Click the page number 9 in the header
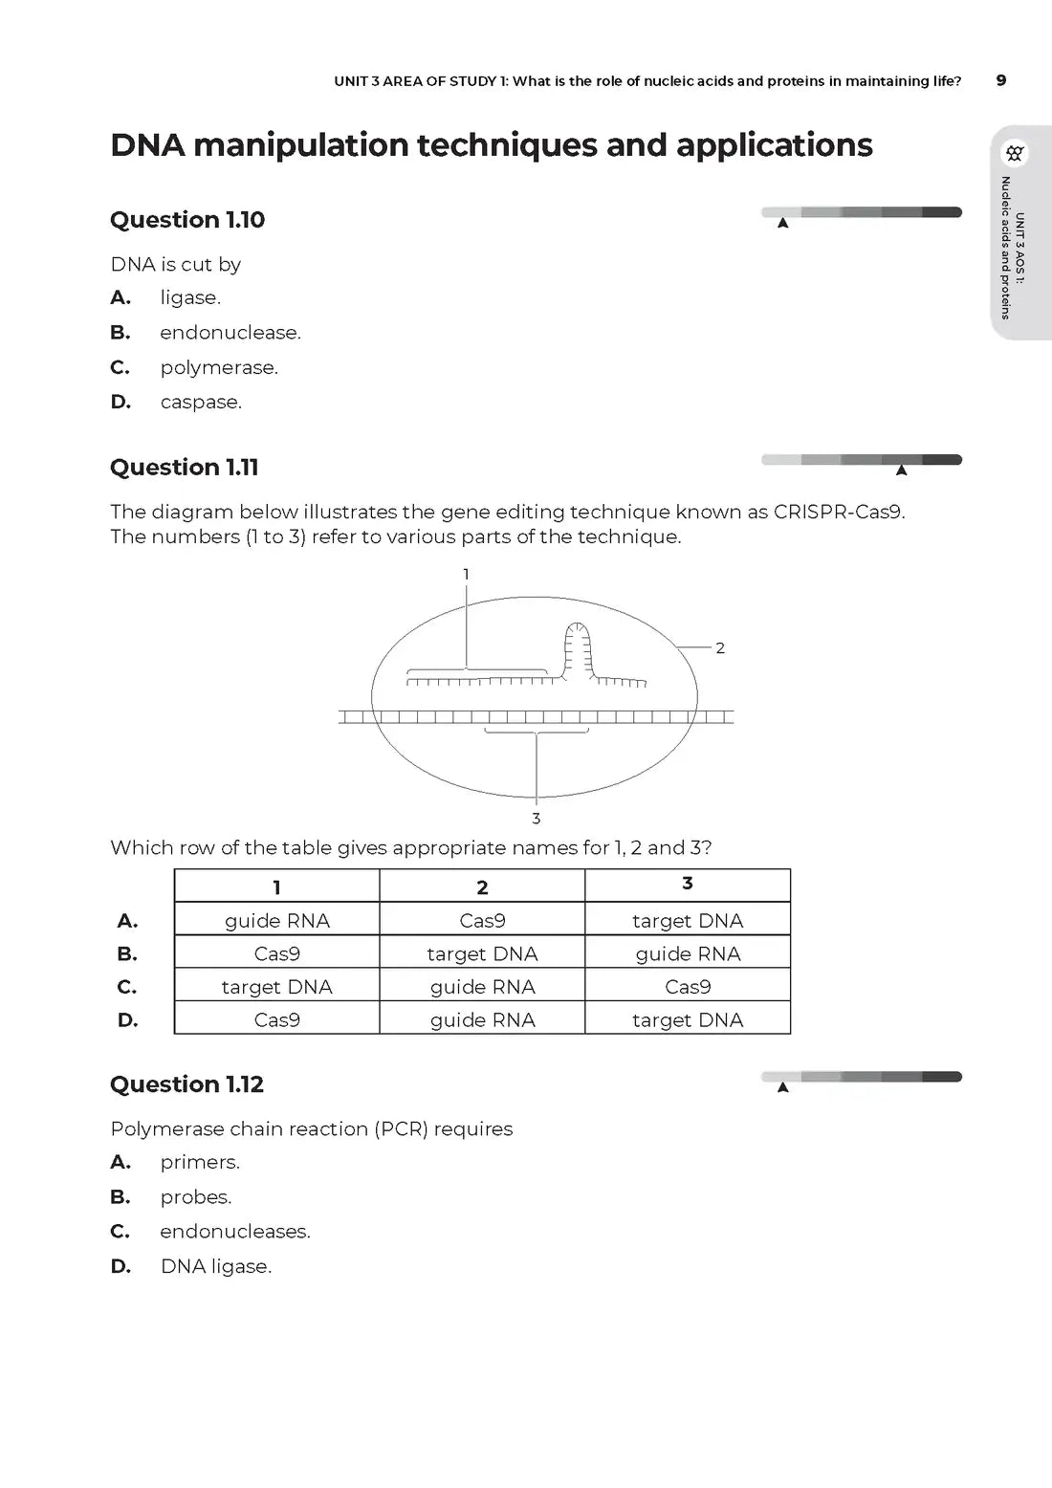click(x=1000, y=80)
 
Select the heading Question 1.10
click(x=187, y=220)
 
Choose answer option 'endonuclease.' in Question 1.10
click(x=230, y=333)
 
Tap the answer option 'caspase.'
click(x=201, y=403)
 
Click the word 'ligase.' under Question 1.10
click(x=190, y=298)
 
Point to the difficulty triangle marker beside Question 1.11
click(x=901, y=470)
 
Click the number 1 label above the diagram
click(x=466, y=575)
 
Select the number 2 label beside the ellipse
click(x=720, y=648)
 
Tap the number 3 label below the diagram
click(x=536, y=819)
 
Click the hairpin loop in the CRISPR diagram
click(x=577, y=646)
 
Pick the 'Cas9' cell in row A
click(x=482, y=921)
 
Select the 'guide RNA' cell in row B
click(x=688, y=954)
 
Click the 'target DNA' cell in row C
click(x=276, y=987)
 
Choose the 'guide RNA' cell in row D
click(x=482, y=1020)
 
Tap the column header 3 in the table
click(x=688, y=885)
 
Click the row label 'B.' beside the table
click(x=127, y=954)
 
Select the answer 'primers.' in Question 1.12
click(x=200, y=1163)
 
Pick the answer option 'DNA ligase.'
click(x=216, y=1267)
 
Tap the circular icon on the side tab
click(x=1015, y=153)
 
